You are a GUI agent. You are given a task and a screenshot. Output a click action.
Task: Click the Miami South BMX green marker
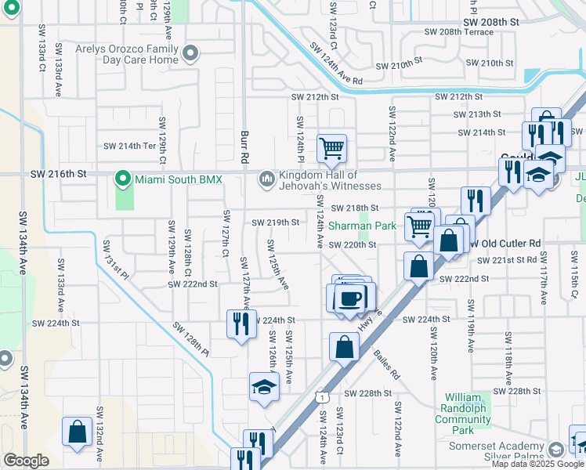click(122, 179)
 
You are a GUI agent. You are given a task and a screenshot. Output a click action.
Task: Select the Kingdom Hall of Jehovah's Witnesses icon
click(267, 180)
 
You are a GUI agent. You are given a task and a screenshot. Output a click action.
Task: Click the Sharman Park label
click(371, 225)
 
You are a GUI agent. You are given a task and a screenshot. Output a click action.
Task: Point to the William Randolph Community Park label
click(463, 414)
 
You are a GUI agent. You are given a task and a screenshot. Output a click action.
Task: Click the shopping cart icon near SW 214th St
click(332, 147)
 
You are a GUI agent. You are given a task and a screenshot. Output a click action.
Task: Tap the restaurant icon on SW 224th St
click(241, 323)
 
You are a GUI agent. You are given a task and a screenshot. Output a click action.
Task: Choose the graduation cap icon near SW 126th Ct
click(264, 387)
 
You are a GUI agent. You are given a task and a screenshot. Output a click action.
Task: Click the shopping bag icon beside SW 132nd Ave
click(77, 432)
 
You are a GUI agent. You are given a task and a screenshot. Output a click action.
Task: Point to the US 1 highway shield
click(321, 399)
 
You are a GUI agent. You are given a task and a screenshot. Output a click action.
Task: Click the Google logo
click(25, 461)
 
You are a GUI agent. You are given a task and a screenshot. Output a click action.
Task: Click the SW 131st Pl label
click(114, 258)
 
